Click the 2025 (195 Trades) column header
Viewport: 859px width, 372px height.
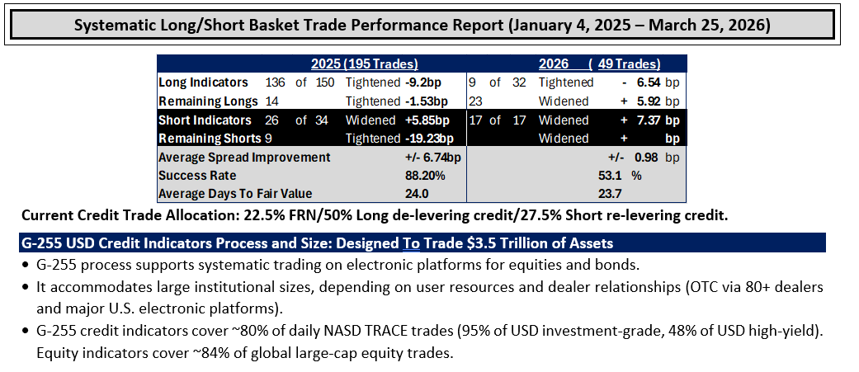pyautogui.click(x=365, y=64)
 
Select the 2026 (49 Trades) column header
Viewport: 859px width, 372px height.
pyautogui.click(x=599, y=64)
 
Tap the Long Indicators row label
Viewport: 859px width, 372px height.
pyautogui.click(x=203, y=82)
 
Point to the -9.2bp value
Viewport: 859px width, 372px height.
pyautogui.click(x=423, y=82)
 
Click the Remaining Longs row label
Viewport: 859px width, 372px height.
pyautogui.click(x=208, y=101)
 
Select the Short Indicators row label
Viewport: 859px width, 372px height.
pyautogui.click(x=205, y=120)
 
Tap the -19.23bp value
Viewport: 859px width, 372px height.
pyautogui.click(x=430, y=139)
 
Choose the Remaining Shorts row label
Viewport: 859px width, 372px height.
pyautogui.click(x=210, y=139)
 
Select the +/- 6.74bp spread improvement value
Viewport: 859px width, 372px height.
pyautogui.click(x=432, y=158)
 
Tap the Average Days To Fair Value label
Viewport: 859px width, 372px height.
pyautogui.click(x=235, y=193)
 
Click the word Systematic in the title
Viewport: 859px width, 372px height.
pyautogui.click(x=110, y=26)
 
